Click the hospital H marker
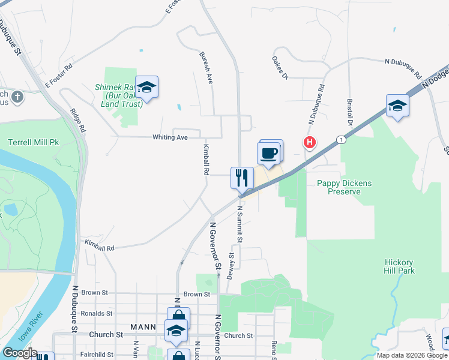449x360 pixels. click(309, 143)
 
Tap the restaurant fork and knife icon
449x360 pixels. click(242, 177)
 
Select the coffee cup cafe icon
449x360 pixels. click(268, 152)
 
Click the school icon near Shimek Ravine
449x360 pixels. click(146, 87)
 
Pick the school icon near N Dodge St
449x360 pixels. click(397, 106)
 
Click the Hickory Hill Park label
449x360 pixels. click(399, 266)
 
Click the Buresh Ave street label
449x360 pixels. click(205, 67)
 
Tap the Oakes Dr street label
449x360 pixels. click(280, 68)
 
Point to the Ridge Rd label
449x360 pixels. click(78, 120)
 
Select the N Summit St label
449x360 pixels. click(240, 224)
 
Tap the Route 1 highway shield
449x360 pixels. click(341, 140)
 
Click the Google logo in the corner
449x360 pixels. click(19, 353)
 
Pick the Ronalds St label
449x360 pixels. click(97, 313)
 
